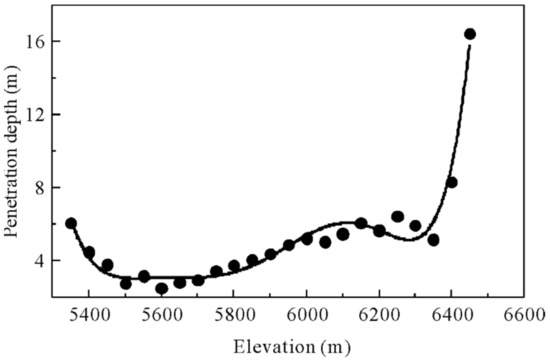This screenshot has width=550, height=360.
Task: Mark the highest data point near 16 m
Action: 470,34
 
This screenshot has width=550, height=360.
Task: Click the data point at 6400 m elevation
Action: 452,182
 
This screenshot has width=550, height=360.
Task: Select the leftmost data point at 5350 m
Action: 71,223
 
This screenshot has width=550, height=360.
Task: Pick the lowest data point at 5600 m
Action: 162,288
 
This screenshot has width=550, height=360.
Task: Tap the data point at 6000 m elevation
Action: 307,238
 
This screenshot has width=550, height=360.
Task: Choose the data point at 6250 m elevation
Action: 397,216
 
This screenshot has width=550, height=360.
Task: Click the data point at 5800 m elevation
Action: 234,266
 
